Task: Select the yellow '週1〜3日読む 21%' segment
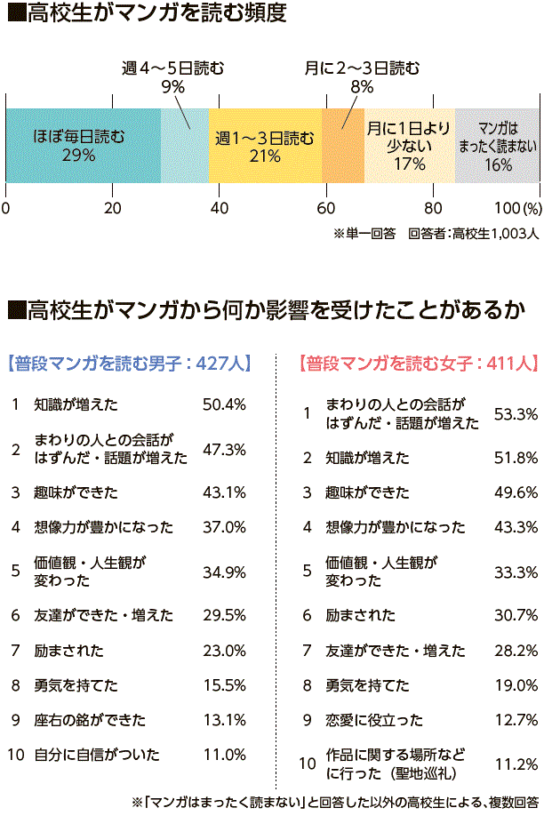pyautogui.click(x=265, y=145)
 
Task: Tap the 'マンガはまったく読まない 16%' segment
pyautogui.click(x=498, y=145)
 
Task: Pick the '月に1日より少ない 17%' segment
pyautogui.click(x=410, y=145)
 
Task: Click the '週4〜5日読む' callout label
pyautogui.click(x=172, y=67)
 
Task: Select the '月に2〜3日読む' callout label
pyautogui.click(x=362, y=67)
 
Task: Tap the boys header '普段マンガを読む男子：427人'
pyautogui.click(x=129, y=363)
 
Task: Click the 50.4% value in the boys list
pyautogui.click(x=224, y=404)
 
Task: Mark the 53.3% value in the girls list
pyautogui.click(x=516, y=413)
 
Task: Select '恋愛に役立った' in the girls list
pyautogui.click(x=373, y=720)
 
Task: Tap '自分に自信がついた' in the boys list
pyautogui.click(x=97, y=755)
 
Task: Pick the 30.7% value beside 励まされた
pyautogui.click(x=516, y=615)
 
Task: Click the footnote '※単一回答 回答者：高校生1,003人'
pyautogui.click(x=436, y=235)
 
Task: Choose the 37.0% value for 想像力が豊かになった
pyautogui.click(x=224, y=527)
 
